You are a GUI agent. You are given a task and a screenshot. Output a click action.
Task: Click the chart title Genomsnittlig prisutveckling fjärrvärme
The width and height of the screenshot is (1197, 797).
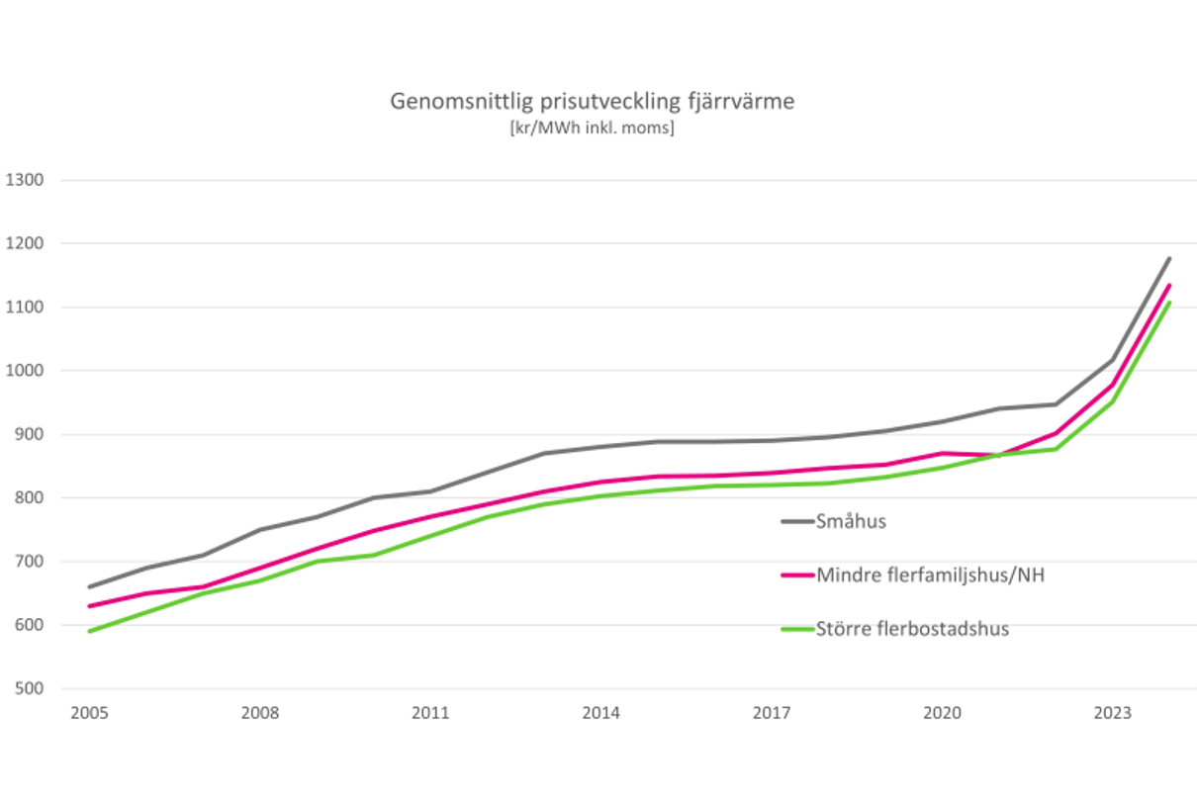(x=592, y=101)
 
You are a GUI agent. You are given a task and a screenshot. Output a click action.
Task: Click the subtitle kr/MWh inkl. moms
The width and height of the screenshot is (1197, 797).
(x=592, y=128)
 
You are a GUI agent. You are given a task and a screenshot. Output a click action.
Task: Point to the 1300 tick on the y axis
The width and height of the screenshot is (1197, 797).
(x=26, y=180)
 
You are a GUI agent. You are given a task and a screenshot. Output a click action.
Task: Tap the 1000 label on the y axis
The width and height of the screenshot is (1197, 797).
(x=26, y=371)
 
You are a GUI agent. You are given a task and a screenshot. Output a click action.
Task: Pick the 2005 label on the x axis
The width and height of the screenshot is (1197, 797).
(x=90, y=713)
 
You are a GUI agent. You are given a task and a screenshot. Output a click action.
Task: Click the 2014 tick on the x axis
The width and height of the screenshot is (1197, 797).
(x=601, y=713)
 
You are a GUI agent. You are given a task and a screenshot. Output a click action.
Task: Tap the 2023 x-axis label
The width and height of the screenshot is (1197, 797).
(x=1112, y=713)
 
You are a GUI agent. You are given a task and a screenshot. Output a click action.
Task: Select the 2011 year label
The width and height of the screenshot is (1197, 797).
(x=430, y=713)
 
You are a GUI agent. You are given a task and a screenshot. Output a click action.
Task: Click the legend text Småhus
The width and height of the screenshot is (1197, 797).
(x=851, y=521)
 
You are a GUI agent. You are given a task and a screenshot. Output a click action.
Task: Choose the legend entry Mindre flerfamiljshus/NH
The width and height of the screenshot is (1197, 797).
(x=930, y=575)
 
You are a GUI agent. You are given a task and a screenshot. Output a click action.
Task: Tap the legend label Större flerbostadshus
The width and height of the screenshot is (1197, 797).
(x=912, y=629)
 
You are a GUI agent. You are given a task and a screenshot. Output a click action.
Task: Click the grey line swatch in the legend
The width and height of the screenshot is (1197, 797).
(x=796, y=521)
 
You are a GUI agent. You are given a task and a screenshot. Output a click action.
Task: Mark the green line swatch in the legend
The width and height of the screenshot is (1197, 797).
(x=796, y=629)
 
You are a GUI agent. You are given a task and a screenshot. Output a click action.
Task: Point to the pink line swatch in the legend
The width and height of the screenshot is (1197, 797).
(x=796, y=575)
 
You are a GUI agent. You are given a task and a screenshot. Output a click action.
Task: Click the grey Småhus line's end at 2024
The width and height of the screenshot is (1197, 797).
(x=1169, y=259)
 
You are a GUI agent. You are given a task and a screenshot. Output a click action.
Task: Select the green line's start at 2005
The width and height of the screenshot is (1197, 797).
(x=90, y=631)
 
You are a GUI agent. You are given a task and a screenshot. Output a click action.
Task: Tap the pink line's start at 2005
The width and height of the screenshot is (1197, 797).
(x=90, y=606)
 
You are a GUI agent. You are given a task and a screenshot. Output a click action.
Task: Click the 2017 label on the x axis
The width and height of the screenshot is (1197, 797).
(x=772, y=713)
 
